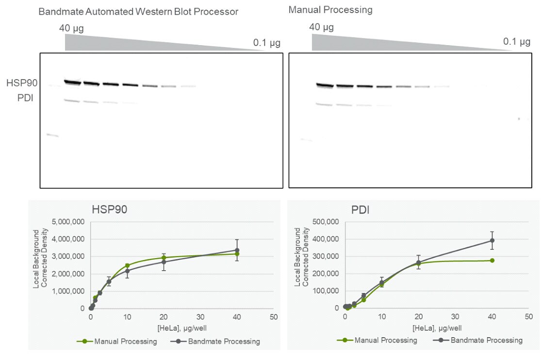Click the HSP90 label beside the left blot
pos(22,83)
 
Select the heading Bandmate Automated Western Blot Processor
pos(138,12)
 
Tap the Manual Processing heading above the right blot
pos(330,10)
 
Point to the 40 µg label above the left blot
pos(71,28)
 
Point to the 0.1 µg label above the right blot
pos(516,42)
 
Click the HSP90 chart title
pos(110,210)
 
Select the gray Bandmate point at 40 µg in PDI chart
pos(492,240)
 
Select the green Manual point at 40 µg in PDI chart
pos(492,261)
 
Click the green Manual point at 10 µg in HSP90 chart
pos(127,265)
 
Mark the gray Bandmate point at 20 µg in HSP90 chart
pos(164,262)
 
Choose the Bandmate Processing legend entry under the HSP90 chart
pos(224,341)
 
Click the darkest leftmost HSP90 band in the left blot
pos(72,82)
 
